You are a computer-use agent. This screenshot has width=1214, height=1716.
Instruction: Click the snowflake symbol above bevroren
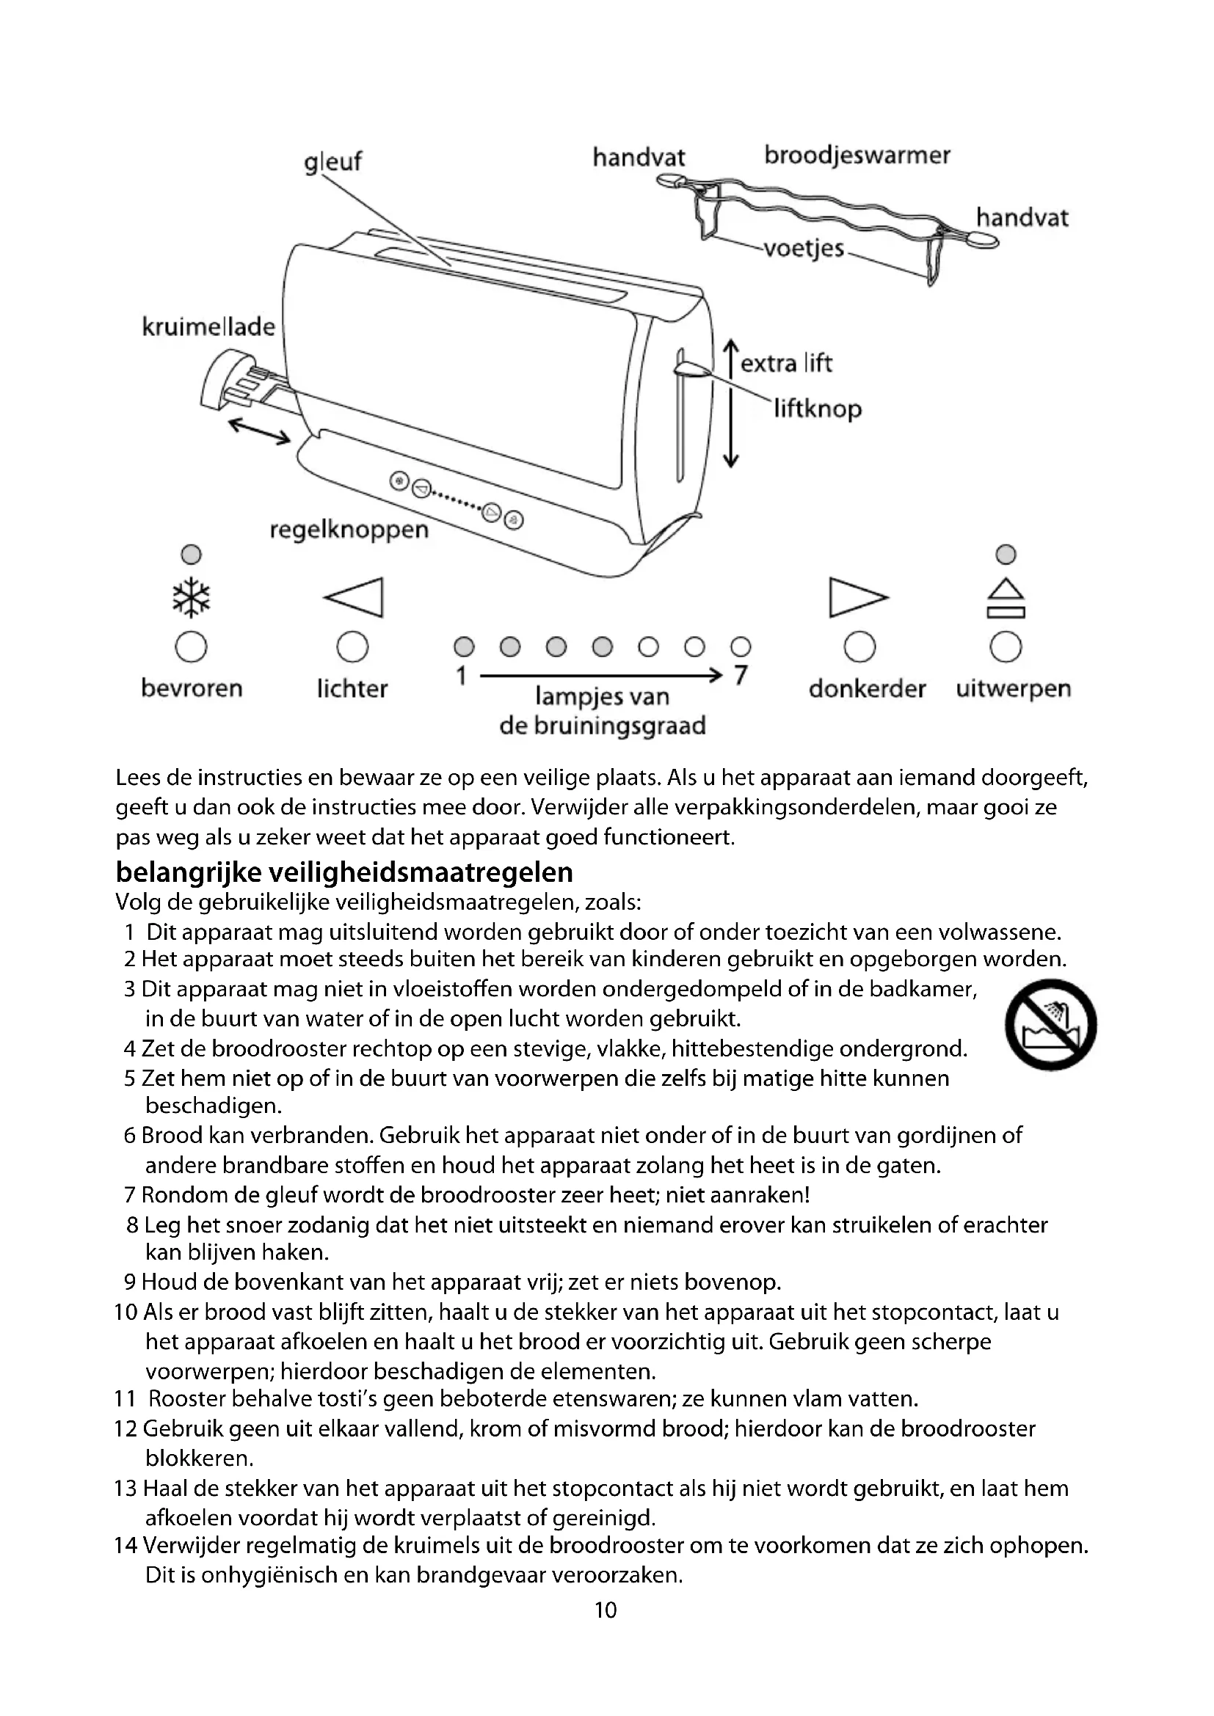pos(192,597)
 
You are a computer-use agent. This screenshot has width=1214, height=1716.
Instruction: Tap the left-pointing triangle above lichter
pos(355,597)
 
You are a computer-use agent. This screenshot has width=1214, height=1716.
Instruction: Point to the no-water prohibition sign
pos(1051,1024)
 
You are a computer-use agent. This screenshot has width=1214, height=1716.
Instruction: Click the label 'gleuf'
pos(332,161)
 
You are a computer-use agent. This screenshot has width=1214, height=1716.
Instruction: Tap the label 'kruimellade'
pos(208,326)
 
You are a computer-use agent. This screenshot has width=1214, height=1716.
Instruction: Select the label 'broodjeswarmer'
pos(857,156)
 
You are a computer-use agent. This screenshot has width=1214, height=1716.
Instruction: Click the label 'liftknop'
pos(818,409)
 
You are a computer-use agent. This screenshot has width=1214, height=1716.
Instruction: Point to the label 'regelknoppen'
pos(349,530)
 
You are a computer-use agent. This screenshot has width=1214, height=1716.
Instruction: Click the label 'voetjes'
pos(804,248)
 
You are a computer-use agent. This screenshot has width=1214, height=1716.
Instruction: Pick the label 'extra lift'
pos(785,363)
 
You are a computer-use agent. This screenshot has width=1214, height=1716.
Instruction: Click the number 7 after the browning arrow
pos(740,675)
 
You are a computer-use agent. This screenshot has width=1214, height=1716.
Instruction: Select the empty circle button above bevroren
pos(192,646)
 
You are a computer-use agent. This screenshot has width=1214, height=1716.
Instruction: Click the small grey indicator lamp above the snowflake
pos(192,555)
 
